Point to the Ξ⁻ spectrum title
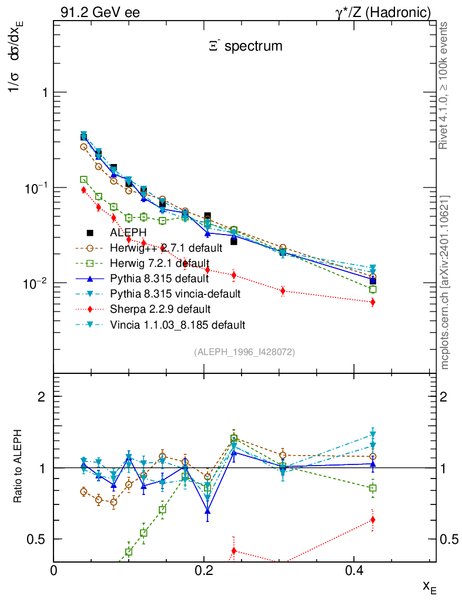[x=245, y=45]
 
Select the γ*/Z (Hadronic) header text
[x=383, y=12]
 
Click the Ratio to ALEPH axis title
[x=19, y=467]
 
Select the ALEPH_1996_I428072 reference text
[x=244, y=352]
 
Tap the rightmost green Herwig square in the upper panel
[x=373, y=289]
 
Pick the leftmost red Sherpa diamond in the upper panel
[x=83, y=190]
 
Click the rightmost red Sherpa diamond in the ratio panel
[x=373, y=520]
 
